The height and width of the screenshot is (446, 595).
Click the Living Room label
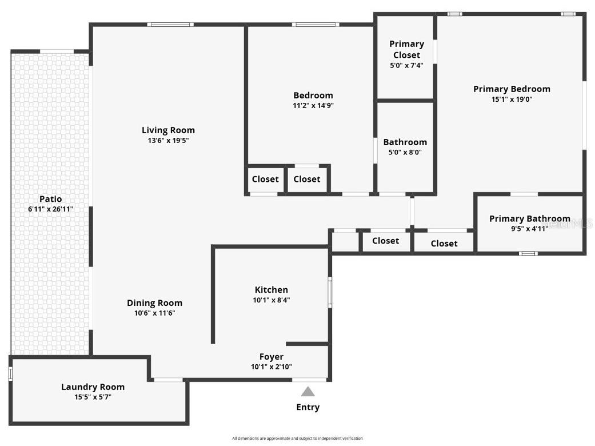pos(168,130)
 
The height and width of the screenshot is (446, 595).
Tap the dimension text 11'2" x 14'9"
pos(313,105)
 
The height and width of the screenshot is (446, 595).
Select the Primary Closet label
pos(406,49)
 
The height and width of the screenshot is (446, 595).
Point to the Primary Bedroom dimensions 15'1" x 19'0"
pos(512,99)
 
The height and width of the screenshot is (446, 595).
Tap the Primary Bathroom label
pos(529,218)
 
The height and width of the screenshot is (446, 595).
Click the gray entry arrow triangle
pos(308,392)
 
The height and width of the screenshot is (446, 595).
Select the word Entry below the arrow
pos(308,407)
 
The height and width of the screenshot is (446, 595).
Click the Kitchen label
pos(271,290)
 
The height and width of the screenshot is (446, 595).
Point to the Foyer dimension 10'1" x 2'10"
pos(271,367)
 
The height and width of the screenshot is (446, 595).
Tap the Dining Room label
pos(154,303)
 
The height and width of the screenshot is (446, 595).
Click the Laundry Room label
pos(93,387)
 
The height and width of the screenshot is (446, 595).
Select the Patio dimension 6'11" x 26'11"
pos(50,209)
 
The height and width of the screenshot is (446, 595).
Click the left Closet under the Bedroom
pos(265,179)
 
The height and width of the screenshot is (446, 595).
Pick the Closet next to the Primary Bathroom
pos(444,244)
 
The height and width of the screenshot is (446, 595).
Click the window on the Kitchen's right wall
pos(330,292)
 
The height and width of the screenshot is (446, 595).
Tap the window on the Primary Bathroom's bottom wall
pos(528,253)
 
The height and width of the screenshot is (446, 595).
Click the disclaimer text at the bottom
pos(297,439)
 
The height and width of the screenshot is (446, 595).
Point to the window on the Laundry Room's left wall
pos(10,373)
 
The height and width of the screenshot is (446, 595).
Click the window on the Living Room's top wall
pos(170,25)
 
